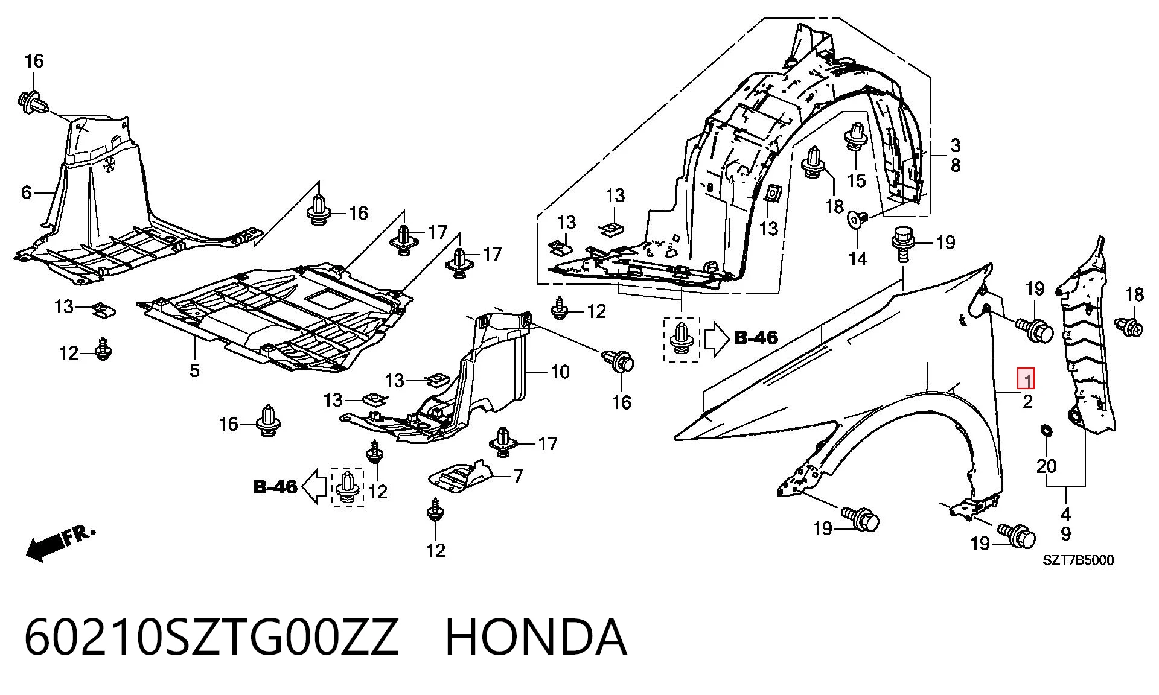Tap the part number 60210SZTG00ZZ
click(211, 638)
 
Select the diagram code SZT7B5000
click(1079, 560)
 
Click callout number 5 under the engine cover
click(194, 370)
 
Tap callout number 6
click(27, 192)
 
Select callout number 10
click(560, 372)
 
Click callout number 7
click(518, 477)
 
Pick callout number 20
click(1047, 466)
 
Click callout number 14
click(858, 259)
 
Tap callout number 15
click(856, 180)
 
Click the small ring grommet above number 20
click(1046, 431)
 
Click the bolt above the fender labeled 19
click(902, 244)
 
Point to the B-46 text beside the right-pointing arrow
click(756, 338)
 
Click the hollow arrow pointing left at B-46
click(313, 487)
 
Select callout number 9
click(1066, 534)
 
